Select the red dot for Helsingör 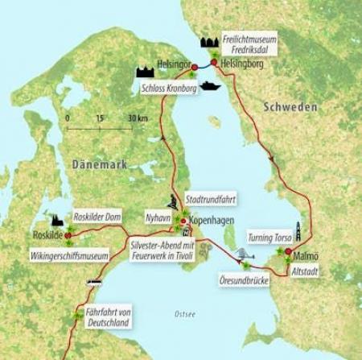click(195, 68)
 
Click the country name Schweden click(290, 107)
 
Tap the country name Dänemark click(100, 163)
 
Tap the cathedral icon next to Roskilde click(57, 220)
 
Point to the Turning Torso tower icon click(298, 234)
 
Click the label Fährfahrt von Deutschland click(108, 317)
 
